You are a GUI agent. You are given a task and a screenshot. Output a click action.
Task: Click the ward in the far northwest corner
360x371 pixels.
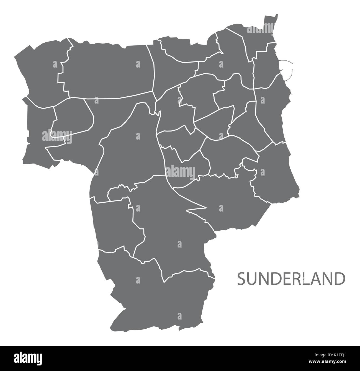point(42,69)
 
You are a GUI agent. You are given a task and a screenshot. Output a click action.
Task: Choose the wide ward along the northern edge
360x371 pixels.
point(108,69)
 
